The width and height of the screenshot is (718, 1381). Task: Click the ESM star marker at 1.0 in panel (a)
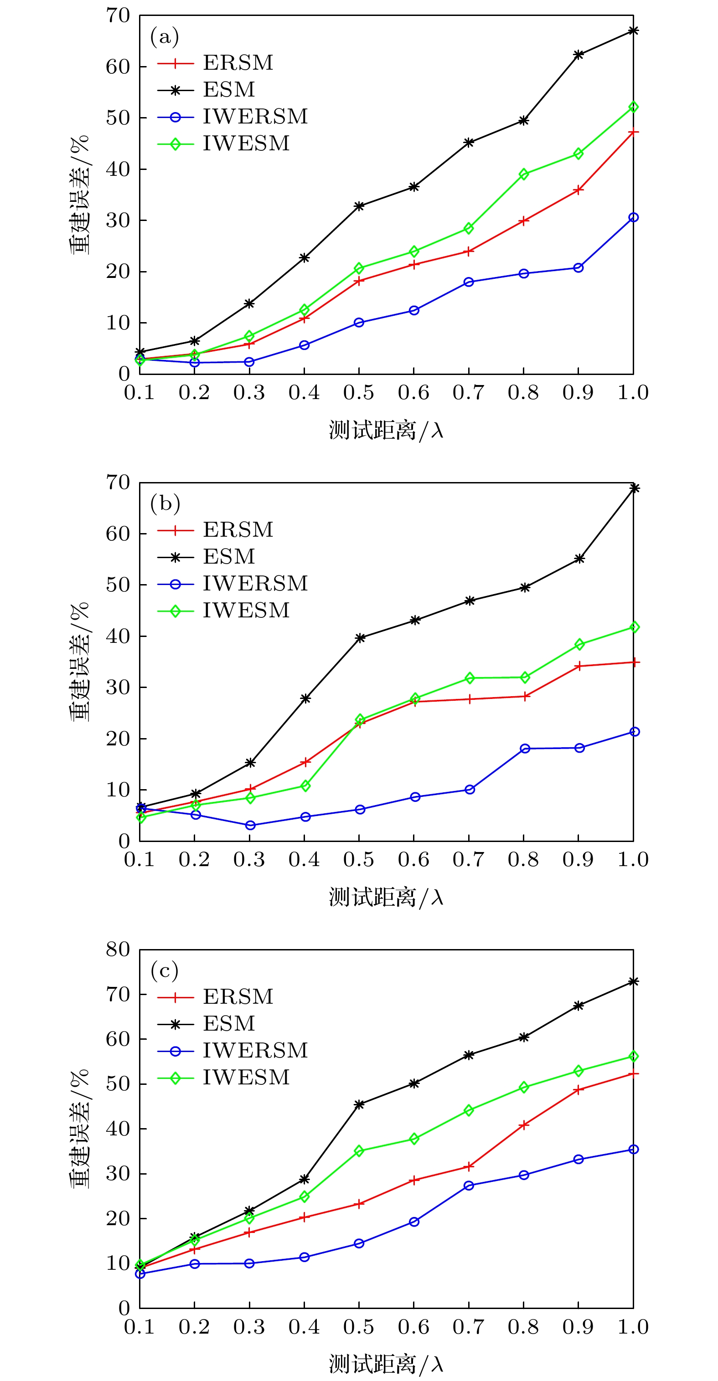tap(633, 31)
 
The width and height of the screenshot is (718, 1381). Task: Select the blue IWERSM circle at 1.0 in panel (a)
tap(633, 217)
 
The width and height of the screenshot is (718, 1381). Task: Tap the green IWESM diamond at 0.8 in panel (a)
tap(524, 174)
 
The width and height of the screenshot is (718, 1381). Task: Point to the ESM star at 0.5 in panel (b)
tap(360, 638)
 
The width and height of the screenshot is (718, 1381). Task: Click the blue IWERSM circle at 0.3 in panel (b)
tap(250, 825)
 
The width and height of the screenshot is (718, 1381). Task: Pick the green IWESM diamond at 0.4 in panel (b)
tap(305, 786)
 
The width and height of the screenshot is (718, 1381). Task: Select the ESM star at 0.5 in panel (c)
tap(359, 1104)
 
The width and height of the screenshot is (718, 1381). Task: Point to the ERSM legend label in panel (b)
tap(238, 530)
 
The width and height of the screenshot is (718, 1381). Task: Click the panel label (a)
tap(164, 36)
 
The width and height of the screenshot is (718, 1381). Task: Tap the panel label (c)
tap(164, 971)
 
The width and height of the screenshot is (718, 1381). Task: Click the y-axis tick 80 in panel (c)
tap(118, 950)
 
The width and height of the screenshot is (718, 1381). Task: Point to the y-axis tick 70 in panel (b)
tap(118, 483)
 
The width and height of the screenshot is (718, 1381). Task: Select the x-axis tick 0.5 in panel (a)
tap(359, 393)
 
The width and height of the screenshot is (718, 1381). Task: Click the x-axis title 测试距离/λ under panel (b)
tap(386, 898)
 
